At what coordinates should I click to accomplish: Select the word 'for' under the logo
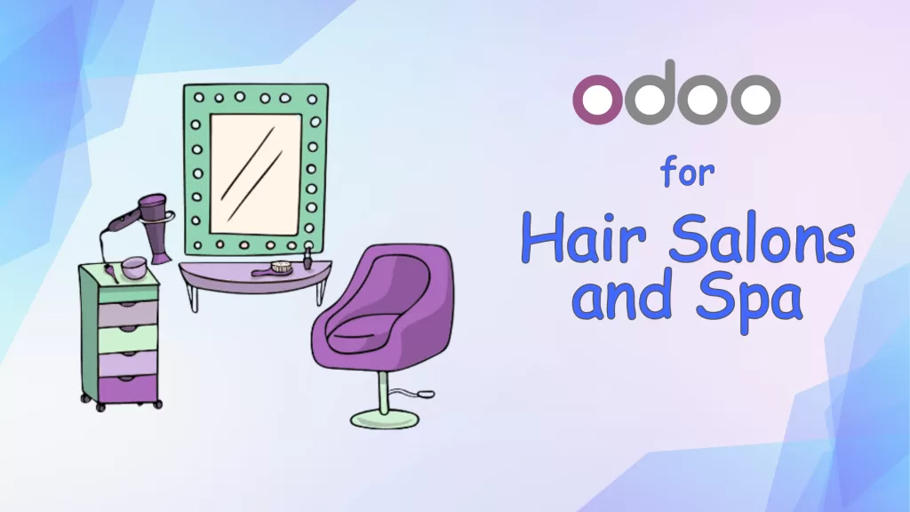pyautogui.click(x=687, y=172)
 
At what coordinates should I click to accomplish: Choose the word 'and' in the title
pyautogui.click(x=621, y=297)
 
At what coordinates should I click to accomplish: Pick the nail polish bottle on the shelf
pyautogui.click(x=307, y=260)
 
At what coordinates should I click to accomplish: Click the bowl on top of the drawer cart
pyautogui.click(x=133, y=267)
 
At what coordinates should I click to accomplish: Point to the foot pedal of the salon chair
pyautogui.click(x=426, y=391)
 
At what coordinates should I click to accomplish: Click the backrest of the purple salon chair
pyautogui.click(x=409, y=284)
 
